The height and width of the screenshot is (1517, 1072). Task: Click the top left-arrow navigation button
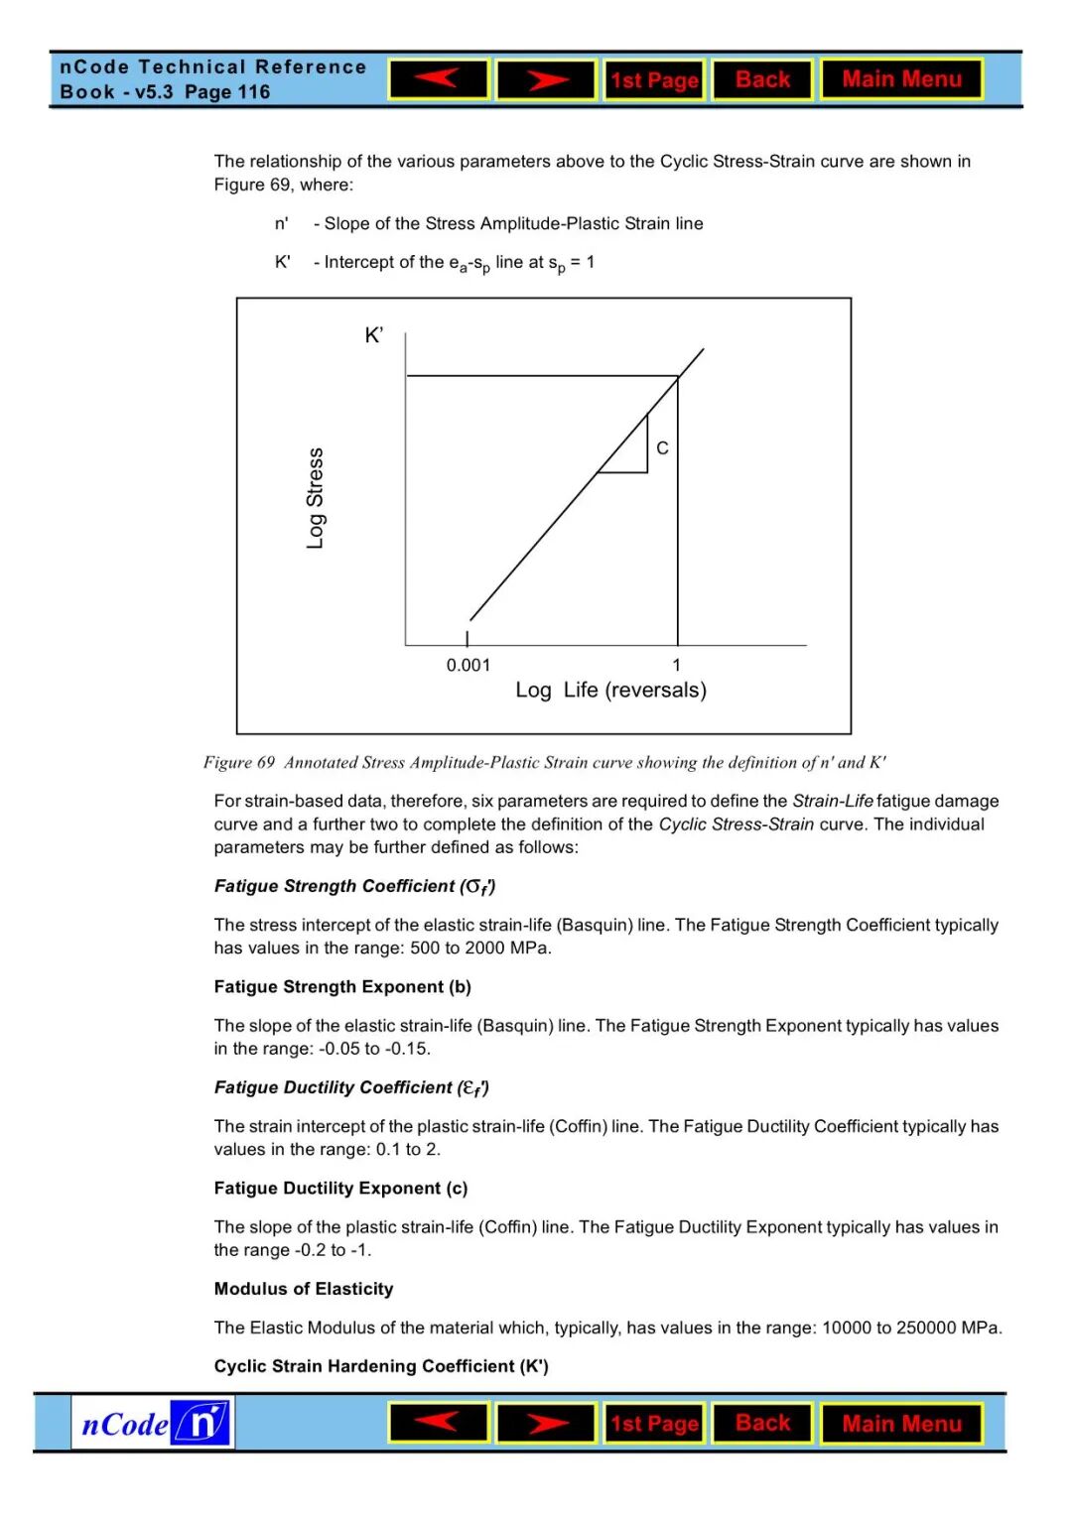click(x=439, y=79)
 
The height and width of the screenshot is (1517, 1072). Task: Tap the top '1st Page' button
click(x=654, y=80)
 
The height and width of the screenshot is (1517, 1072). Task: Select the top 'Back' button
click(x=762, y=79)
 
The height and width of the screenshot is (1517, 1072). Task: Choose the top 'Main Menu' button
click(x=901, y=79)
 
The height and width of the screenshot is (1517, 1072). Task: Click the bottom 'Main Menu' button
click(x=901, y=1424)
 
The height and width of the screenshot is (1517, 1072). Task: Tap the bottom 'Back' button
click(x=762, y=1423)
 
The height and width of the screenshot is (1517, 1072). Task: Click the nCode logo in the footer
click(x=153, y=1423)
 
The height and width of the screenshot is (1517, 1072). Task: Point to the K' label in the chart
click(x=374, y=335)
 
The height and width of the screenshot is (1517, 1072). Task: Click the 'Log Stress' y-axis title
click(x=316, y=498)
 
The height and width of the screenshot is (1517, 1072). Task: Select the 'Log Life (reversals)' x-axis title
click(x=610, y=691)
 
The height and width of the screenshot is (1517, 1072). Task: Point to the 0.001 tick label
click(x=468, y=666)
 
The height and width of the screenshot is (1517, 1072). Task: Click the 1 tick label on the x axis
click(x=677, y=666)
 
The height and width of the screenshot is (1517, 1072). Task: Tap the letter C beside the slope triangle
click(x=662, y=448)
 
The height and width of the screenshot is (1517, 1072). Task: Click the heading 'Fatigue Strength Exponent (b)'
click(x=342, y=987)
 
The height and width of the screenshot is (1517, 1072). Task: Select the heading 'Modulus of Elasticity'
click(x=304, y=1289)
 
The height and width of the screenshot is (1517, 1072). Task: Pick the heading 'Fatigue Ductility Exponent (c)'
click(x=340, y=1189)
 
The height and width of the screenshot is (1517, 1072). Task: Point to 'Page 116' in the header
click(x=227, y=92)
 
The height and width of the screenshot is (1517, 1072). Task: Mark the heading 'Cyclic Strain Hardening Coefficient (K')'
click(x=381, y=1366)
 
